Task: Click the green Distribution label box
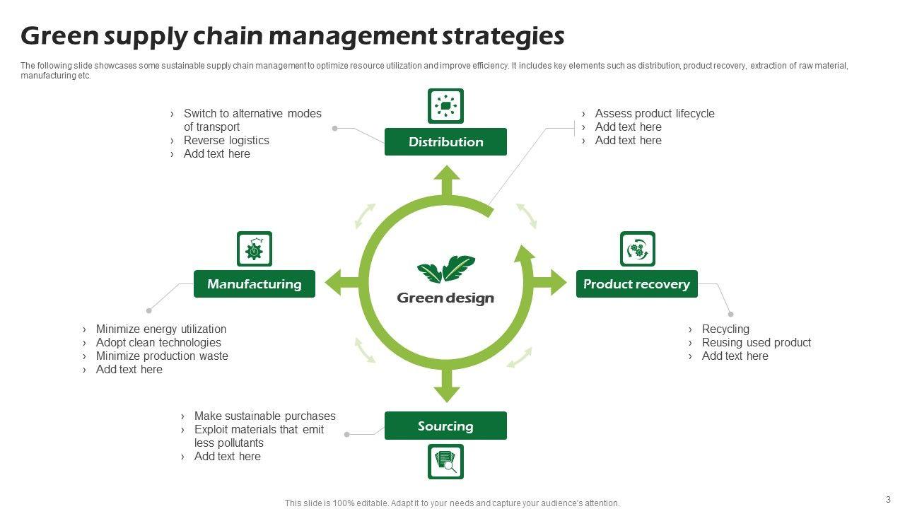445,142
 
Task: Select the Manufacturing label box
255,284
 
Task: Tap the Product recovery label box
637,284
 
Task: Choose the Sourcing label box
445,426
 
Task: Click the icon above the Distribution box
445,106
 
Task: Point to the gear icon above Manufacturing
255,249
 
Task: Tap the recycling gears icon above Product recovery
638,249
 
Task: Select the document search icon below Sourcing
445,462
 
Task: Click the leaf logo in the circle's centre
446,269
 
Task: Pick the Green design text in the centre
445,298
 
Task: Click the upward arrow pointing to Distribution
447,181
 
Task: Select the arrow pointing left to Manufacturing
341,282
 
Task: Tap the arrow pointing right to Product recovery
550,282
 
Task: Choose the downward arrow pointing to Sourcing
447,385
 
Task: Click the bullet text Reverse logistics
226,140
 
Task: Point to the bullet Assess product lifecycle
655,113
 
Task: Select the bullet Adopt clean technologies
158,343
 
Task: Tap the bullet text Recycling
725,329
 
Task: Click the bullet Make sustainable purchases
264,416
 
